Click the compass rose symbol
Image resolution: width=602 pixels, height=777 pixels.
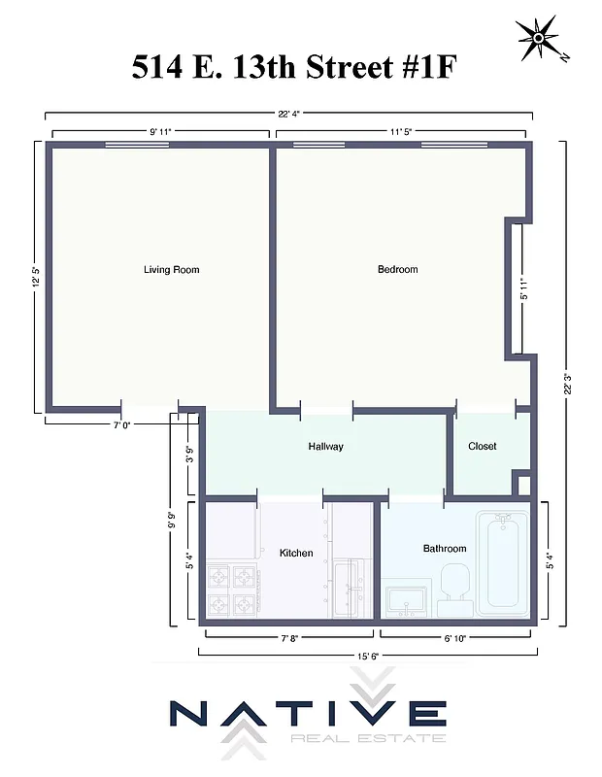tap(538, 39)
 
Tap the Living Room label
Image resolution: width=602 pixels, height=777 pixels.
tap(171, 269)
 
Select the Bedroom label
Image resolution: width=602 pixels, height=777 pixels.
tap(397, 269)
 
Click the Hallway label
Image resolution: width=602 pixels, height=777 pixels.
tap(325, 447)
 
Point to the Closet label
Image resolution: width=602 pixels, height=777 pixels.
tap(482, 447)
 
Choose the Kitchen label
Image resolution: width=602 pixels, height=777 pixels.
tap(296, 553)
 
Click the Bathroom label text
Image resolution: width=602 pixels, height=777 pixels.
tap(444, 549)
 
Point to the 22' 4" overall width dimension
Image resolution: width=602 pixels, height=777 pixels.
tap(288, 114)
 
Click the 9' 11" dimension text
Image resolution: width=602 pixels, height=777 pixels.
tap(160, 129)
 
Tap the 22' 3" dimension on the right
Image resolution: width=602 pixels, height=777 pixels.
tap(566, 383)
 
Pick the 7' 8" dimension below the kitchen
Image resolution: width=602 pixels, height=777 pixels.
tap(289, 638)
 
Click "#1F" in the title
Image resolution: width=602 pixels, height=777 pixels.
tap(417, 68)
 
